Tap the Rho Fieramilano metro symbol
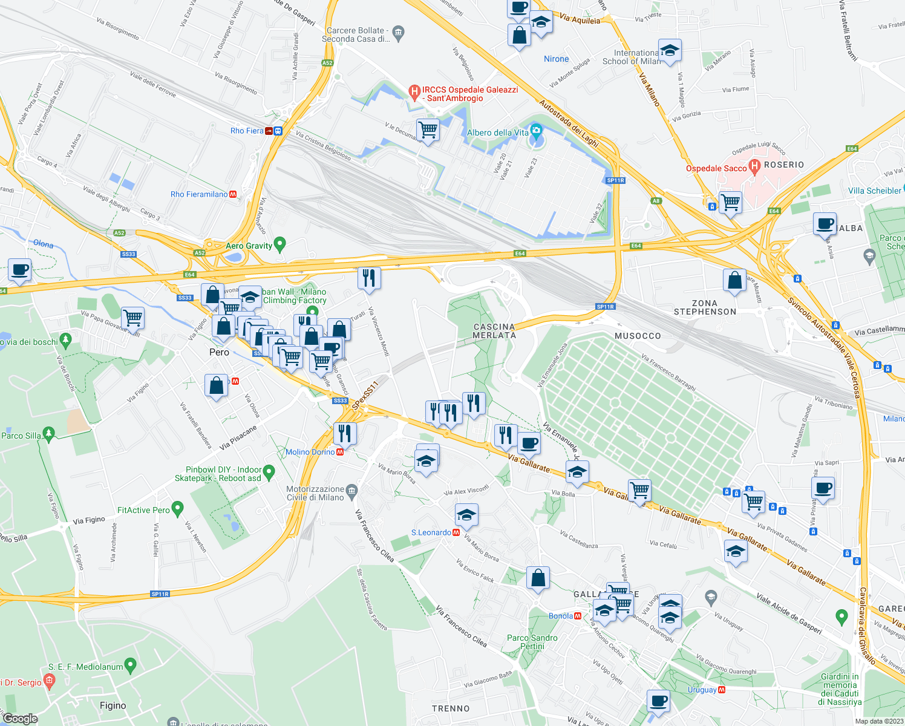point(233,194)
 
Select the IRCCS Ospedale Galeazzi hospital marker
point(414,93)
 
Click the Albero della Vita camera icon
point(536,131)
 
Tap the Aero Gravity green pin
point(279,244)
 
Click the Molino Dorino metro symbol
point(340,452)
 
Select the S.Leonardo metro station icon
point(456,532)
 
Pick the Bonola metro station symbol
point(578,616)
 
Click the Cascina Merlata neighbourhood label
point(494,331)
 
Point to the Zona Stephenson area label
point(705,307)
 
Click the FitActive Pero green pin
point(177,509)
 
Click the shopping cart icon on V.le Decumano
point(428,129)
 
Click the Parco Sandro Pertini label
point(532,642)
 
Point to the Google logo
point(20,718)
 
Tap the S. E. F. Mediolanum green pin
point(131,665)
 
